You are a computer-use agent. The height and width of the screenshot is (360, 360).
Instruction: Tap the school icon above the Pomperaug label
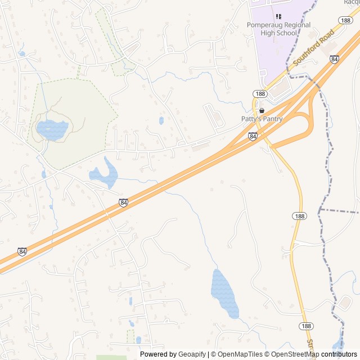click(278, 16)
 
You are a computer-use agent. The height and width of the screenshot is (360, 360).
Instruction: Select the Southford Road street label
click(318, 50)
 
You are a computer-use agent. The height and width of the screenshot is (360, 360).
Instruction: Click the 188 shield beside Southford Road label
click(345, 20)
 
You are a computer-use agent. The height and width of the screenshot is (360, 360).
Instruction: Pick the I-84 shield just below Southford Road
click(335, 58)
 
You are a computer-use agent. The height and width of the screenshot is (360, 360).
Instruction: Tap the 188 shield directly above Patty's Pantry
click(259, 94)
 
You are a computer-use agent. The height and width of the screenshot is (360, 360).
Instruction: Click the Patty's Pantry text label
click(262, 119)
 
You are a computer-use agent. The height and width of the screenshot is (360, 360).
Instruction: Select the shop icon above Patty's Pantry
click(262, 110)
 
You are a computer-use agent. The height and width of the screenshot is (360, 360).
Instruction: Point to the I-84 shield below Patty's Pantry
click(253, 136)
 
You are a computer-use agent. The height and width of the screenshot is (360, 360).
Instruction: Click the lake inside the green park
click(51, 130)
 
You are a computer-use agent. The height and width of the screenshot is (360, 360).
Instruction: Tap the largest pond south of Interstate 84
click(224, 292)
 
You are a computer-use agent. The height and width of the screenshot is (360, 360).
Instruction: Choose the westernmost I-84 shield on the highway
click(21, 251)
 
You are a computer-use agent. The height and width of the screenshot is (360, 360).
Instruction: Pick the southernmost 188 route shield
click(306, 326)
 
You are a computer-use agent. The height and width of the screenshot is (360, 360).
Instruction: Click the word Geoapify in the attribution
click(192, 354)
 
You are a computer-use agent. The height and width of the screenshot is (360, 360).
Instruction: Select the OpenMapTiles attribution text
click(240, 354)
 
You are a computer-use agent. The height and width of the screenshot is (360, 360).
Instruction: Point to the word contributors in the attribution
click(339, 354)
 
